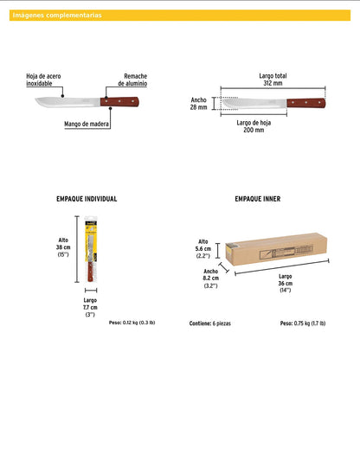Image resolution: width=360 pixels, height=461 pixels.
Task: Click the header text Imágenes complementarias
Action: (56, 16)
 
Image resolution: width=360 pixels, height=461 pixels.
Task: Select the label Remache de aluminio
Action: (135, 80)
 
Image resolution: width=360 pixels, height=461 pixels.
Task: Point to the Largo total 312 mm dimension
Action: (272, 80)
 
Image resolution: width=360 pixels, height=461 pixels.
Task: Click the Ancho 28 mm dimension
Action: (199, 104)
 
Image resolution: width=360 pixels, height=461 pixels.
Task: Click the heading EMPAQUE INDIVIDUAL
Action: (87, 199)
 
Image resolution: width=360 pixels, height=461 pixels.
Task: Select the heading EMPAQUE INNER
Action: (257, 199)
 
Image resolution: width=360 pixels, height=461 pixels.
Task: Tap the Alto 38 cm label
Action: (63, 247)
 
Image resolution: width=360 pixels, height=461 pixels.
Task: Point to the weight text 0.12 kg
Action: (132, 323)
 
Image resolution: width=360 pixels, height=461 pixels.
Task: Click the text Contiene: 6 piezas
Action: (210, 323)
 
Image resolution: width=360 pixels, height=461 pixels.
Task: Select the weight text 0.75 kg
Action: (302, 323)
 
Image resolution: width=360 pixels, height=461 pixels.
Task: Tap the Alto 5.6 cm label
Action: (203, 249)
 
